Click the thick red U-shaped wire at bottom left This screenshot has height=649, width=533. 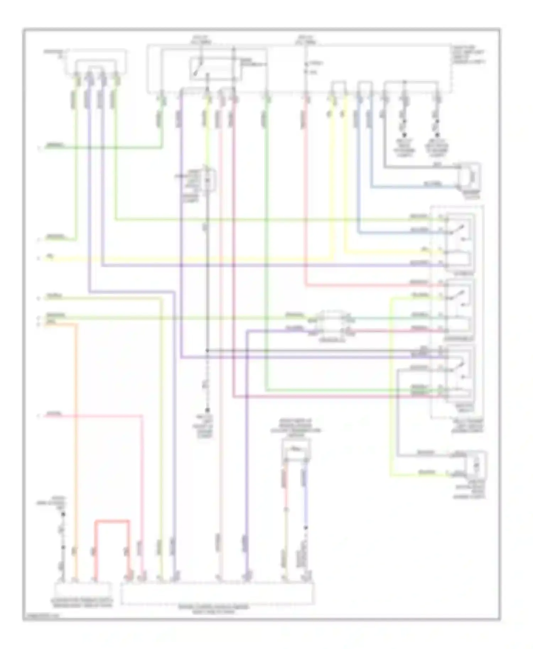[x=112, y=521]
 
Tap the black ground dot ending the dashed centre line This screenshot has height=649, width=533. [x=208, y=410]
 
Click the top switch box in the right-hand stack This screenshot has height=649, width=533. [x=460, y=242]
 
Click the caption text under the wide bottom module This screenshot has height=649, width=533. [x=213, y=609]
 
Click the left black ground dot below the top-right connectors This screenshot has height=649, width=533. [x=404, y=135]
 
